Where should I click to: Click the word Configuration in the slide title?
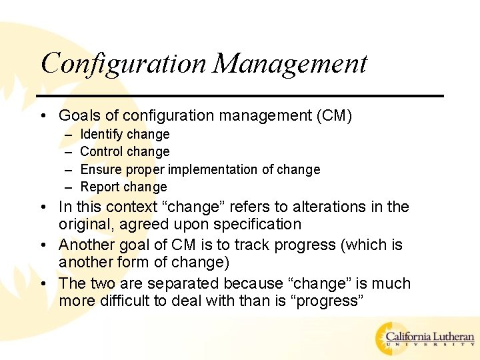tap(124, 64)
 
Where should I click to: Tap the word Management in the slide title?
tap(291, 64)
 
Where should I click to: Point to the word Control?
tap(101, 151)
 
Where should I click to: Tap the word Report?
tap(100, 187)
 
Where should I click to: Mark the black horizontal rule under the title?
tap(240, 96)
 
